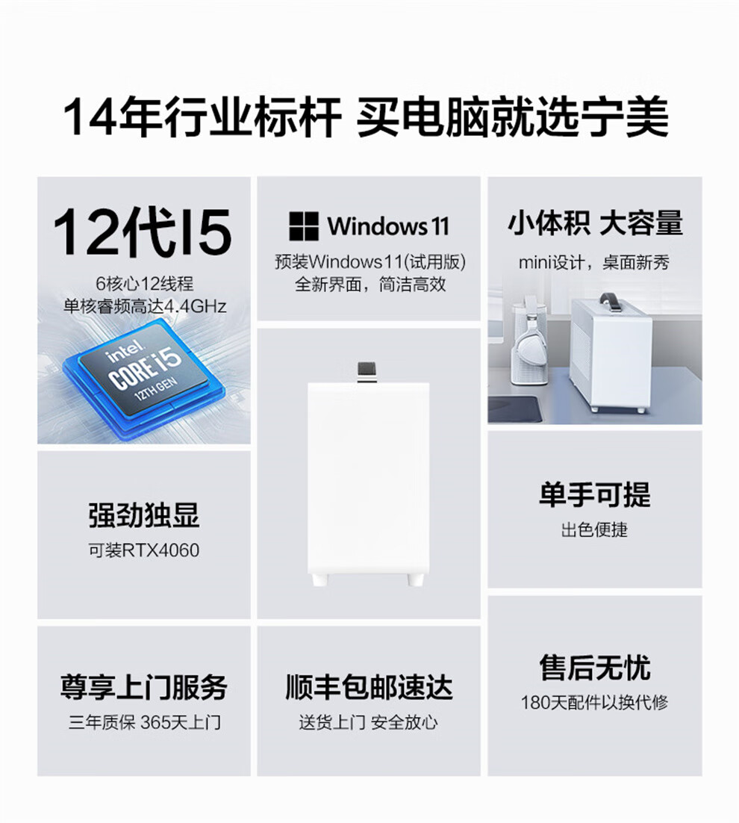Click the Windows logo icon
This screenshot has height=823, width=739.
pos(304,226)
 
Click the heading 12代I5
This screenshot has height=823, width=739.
pos(142,232)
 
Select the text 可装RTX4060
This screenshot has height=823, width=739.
pos(144,550)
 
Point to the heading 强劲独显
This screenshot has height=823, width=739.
pos(144,515)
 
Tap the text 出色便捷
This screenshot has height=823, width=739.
pos(595,529)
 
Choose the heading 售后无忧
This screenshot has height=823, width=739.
pos(595,667)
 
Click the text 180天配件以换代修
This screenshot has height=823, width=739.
pos(595,702)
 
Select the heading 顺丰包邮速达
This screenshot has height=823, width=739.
pos(369,687)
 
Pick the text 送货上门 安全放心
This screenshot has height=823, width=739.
pos(369,722)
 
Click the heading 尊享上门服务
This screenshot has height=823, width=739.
pos(144,687)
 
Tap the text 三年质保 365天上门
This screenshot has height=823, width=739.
pos(144,722)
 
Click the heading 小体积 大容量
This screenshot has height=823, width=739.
pos(595,223)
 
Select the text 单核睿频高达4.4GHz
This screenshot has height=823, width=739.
pos(145,306)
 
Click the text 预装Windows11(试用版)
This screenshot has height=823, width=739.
pos(370,261)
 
